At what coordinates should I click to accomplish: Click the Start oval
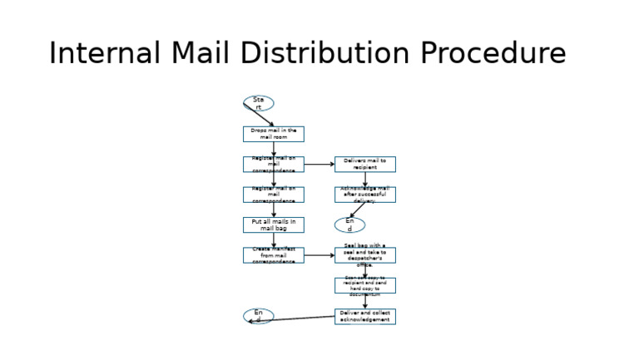click(258, 103)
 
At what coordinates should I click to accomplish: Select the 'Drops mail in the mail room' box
click(273, 134)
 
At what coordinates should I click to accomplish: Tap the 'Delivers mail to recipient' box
click(364, 164)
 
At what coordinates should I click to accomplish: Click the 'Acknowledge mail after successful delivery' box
click(364, 195)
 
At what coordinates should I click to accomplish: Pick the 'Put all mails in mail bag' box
click(273, 224)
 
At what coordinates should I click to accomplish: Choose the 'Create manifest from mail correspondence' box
click(273, 255)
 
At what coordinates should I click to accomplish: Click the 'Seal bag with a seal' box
click(364, 255)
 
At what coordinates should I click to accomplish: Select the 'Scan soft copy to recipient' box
click(364, 285)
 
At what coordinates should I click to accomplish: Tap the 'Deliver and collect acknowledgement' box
click(364, 316)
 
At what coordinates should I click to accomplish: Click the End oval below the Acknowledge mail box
click(349, 224)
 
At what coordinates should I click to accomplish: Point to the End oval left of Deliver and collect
click(258, 316)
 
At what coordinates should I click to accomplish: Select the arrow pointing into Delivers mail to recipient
click(319, 165)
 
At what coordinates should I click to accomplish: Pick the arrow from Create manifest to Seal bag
click(319, 255)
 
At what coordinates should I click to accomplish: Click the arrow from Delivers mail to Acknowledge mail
click(364, 180)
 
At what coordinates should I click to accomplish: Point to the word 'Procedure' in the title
click(493, 53)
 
